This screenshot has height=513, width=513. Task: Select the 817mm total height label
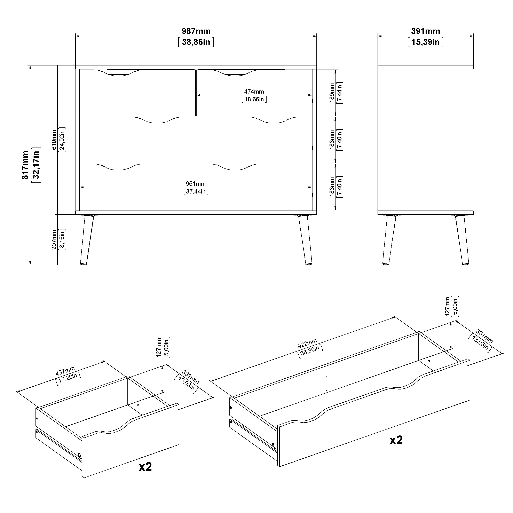[25, 165]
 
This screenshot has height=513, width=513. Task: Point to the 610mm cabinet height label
[54, 140]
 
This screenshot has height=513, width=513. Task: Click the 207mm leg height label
[54, 239]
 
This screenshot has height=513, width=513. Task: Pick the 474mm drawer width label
[254, 92]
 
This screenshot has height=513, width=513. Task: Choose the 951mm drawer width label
[196, 184]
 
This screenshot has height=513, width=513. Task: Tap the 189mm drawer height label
[332, 93]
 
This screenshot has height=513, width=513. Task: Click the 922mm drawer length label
[307, 343]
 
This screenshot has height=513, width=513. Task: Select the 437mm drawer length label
[65, 371]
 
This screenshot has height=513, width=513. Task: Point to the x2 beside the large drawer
[396, 440]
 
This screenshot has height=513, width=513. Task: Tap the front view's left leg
[87, 239]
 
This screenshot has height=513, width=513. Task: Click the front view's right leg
[305, 239]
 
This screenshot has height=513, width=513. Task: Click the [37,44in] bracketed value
[196, 191]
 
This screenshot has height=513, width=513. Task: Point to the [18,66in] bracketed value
[254, 99]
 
